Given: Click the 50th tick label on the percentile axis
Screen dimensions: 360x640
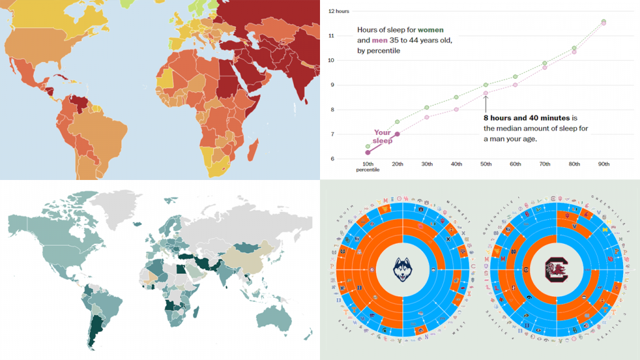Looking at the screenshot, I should coord(486,164).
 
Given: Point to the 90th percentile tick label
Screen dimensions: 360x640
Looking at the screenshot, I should coord(603,164).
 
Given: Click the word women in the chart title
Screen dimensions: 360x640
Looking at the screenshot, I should coord(432,29).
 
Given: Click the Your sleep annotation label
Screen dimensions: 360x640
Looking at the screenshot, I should coord(382,136).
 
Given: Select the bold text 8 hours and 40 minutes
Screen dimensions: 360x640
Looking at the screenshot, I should coord(526,117).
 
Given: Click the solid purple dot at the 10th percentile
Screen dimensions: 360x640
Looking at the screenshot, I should coord(368,152).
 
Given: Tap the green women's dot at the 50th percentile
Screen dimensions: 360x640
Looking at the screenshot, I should coord(486,85).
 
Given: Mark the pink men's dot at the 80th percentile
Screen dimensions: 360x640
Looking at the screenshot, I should coord(574,52).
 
